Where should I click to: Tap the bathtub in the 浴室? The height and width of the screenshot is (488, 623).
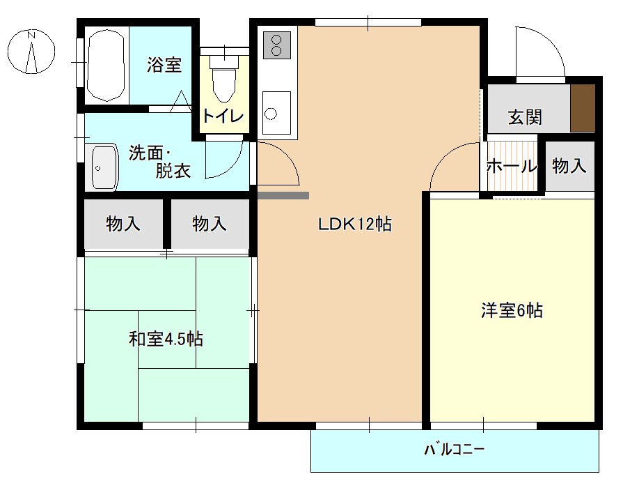point(107,65)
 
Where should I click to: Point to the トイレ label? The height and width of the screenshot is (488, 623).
point(223,116)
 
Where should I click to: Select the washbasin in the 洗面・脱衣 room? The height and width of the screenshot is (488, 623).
point(104,167)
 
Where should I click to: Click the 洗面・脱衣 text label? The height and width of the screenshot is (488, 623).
point(159,162)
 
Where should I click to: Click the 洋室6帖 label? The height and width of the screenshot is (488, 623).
point(512,311)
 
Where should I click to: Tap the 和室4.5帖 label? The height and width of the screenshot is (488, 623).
point(166,340)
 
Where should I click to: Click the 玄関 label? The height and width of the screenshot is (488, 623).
point(524,116)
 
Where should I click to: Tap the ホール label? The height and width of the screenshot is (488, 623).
point(512,167)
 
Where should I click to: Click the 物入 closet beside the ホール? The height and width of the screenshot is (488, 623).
point(569,167)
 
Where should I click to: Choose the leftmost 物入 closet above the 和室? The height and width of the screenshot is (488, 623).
point(123,224)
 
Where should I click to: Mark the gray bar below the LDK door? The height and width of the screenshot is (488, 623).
point(283,196)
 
